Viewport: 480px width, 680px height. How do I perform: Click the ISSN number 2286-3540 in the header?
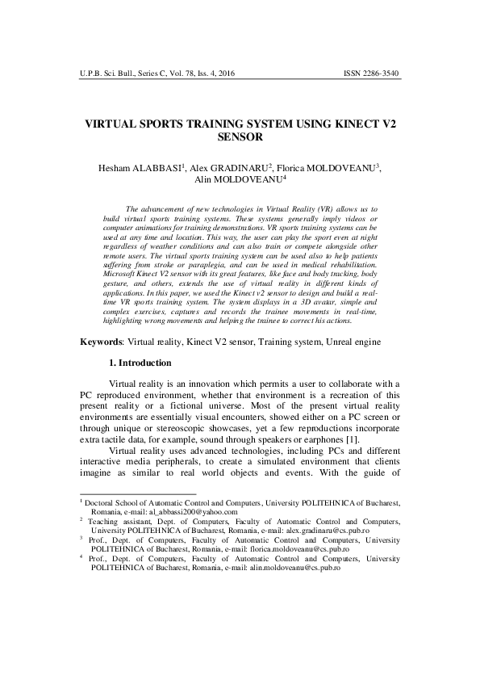pyautogui.click(x=377, y=73)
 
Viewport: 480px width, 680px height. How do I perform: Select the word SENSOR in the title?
pyautogui.click(x=240, y=138)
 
